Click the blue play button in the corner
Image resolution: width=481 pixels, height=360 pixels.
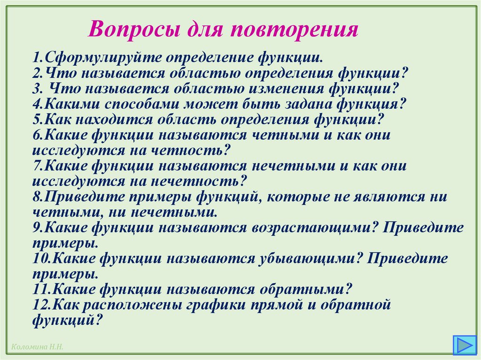[x=464, y=345]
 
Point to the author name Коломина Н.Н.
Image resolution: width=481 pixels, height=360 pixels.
[x=35, y=347]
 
